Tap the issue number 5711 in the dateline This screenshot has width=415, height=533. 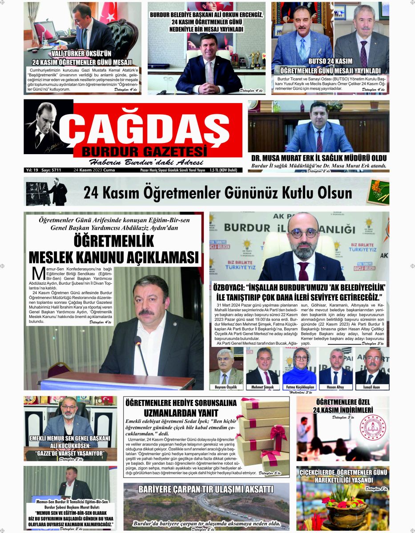pos(56,170)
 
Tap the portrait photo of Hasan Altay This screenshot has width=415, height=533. pos(335,366)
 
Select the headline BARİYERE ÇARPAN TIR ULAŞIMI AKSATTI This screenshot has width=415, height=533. pos(206,489)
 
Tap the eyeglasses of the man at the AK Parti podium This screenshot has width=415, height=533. pos(304,233)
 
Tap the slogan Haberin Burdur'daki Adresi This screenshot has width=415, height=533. pos(146,162)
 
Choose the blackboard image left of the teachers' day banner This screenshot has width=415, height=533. pos(47,192)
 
